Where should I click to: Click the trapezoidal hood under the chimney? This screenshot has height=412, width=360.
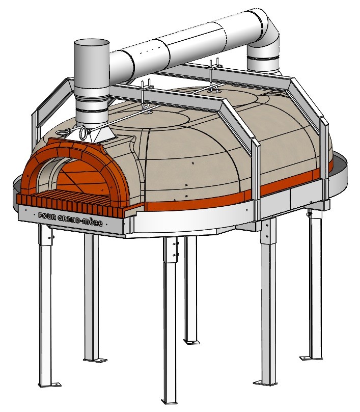(97, 134)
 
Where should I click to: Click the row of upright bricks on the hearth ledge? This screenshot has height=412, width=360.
(71, 202)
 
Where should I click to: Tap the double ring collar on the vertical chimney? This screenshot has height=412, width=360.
(92, 105)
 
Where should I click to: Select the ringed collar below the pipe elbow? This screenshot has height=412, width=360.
(264, 64)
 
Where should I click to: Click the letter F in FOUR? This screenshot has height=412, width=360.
(41, 214)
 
